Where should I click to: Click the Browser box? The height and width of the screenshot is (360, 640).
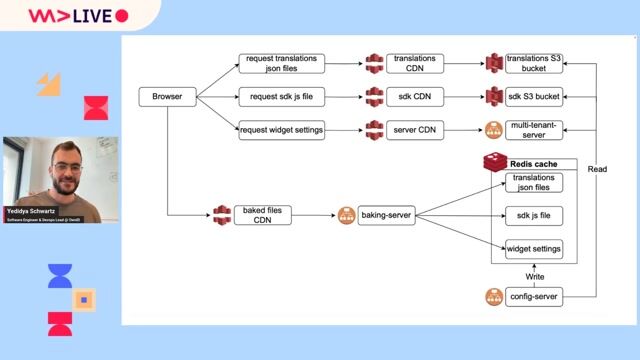(x=167, y=97)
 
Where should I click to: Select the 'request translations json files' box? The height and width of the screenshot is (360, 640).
(x=281, y=64)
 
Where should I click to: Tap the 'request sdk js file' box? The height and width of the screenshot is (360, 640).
(x=281, y=97)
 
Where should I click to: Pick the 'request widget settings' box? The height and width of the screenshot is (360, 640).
(x=281, y=130)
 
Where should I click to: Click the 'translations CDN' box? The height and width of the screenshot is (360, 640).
(x=414, y=64)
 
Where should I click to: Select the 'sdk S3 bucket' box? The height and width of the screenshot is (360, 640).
(x=534, y=97)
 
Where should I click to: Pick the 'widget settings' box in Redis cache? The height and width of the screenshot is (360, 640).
(x=534, y=248)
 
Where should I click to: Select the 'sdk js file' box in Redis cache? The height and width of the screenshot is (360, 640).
(x=534, y=215)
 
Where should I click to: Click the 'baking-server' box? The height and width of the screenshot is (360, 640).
(x=387, y=215)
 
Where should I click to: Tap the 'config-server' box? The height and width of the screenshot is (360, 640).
(x=534, y=297)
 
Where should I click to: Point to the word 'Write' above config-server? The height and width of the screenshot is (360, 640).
(x=536, y=275)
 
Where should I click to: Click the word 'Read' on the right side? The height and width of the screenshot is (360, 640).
(x=597, y=169)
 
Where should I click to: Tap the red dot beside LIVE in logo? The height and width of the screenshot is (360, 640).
(x=122, y=16)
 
